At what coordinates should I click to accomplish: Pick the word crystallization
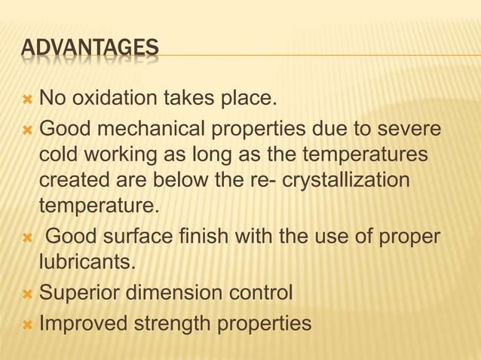346,182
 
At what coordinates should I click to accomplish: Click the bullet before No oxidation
28,99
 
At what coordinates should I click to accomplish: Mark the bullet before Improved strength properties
28,325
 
